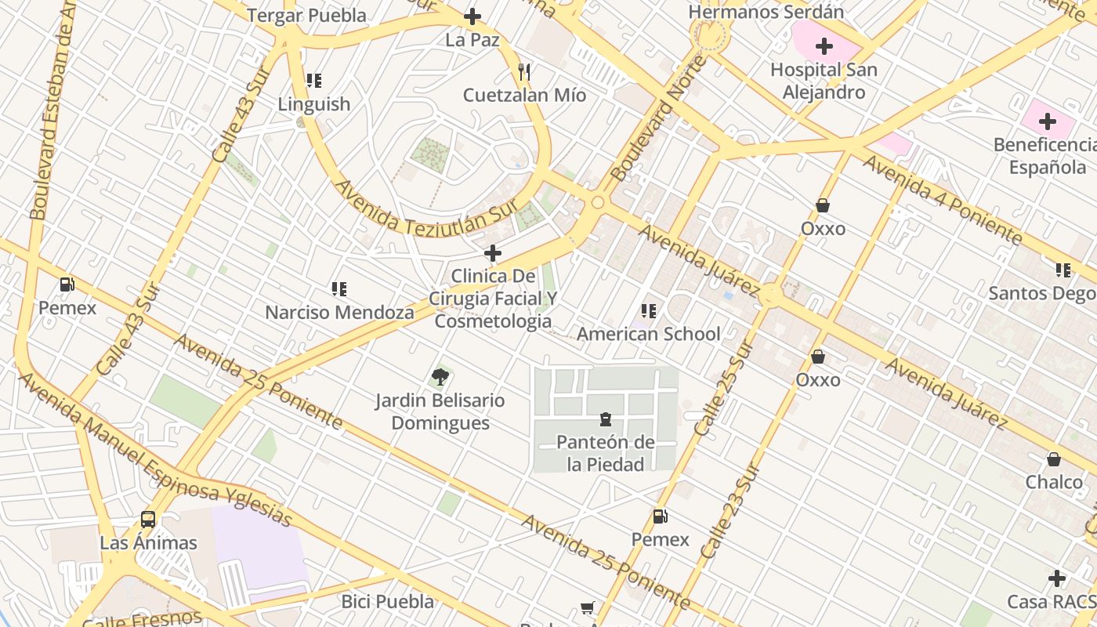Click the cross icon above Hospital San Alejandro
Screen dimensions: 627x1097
click(824, 46)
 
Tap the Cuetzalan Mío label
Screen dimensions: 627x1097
click(524, 96)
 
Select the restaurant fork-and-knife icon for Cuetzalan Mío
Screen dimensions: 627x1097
click(524, 73)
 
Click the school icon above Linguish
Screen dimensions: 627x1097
click(314, 81)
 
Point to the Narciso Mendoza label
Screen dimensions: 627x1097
click(339, 313)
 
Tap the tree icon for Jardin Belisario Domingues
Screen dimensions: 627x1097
click(440, 377)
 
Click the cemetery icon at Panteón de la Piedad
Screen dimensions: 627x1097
click(606, 419)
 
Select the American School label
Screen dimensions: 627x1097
click(648, 334)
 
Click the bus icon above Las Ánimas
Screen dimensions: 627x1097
click(148, 519)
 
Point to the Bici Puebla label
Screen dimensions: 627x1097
click(388, 602)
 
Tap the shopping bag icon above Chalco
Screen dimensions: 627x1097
click(1054, 459)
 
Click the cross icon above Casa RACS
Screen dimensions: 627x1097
click(1057, 579)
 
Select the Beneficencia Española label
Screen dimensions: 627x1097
click(1046, 156)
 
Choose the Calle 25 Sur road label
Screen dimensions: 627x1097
click(725, 388)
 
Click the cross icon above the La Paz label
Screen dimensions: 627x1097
click(472, 16)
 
